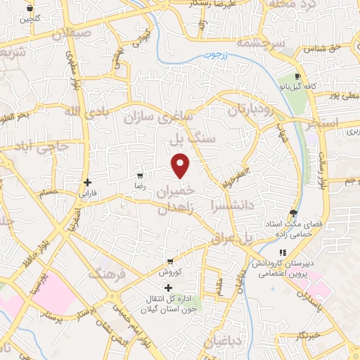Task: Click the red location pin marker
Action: click(181, 166)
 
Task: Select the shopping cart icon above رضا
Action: click(140, 175)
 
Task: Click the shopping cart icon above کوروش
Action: click(169, 261)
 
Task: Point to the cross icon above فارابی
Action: click(87, 182)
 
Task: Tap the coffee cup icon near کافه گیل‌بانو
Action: click(298, 76)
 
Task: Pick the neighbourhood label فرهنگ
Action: click(106, 272)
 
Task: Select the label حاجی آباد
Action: click(27, 148)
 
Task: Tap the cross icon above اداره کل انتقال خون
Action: click(167, 288)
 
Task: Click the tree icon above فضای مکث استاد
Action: click(293, 214)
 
